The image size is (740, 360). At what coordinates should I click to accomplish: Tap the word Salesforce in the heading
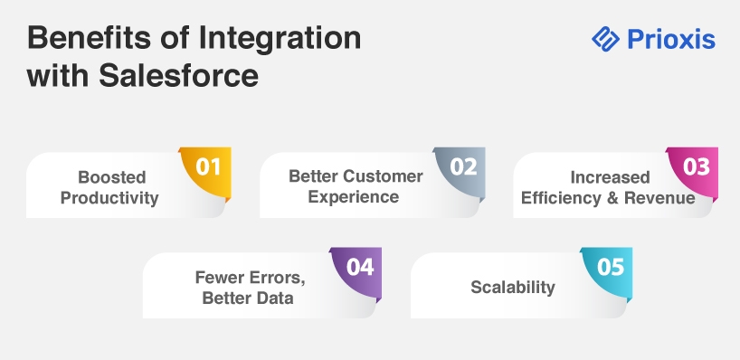tap(179, 75)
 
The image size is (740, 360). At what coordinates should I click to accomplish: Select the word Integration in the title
tap(280, 39)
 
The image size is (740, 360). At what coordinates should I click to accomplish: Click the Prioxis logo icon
tap(605, 39)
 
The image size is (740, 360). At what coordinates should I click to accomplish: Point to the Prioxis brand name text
tap(671, 39)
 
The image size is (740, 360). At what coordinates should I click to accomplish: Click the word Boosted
tap(112, 177)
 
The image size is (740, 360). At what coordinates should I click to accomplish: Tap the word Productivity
tap(109, 198)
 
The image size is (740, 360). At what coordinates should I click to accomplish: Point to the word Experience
tap(354, 197)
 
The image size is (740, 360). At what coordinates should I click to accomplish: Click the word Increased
tap(611, 177)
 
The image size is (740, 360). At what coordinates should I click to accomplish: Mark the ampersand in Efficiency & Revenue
tap(612, 198)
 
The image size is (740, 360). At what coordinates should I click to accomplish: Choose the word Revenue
tap(659, 198)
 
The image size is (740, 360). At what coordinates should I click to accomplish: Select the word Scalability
tap(513, 288)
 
